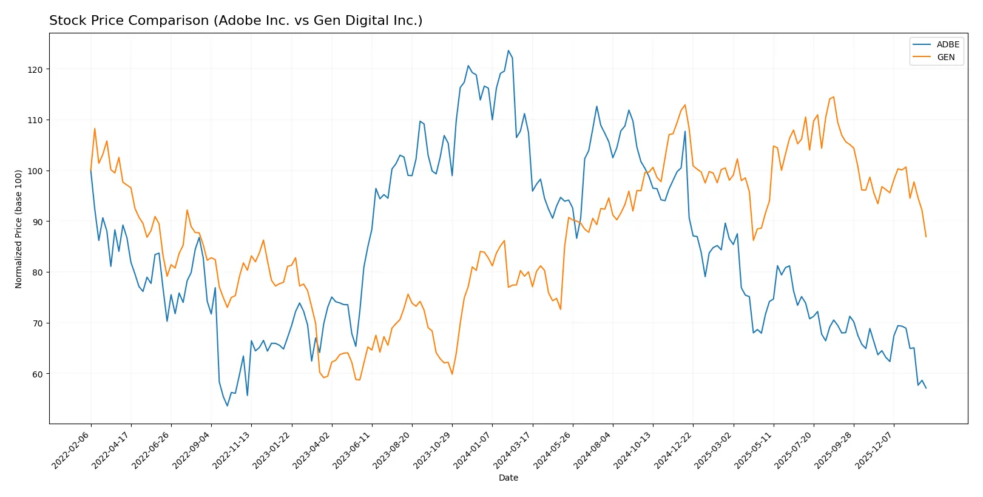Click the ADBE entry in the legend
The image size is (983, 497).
click(947, 44)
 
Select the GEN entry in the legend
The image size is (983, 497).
click(945, 57)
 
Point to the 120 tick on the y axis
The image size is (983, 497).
click(35, 70)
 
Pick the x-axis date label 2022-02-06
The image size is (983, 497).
click(71, 450)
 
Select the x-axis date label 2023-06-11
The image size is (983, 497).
click(352, 450)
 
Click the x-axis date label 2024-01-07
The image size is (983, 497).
click(472, 450)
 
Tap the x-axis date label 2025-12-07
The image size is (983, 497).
click(874, 450)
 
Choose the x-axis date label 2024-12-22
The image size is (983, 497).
click(673, 450)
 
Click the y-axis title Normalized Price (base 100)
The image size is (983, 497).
click(19, 229)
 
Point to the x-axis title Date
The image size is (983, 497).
click(508, 478)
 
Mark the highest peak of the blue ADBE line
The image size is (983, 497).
click(508, 50)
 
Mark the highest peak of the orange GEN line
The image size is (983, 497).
click(833, 96)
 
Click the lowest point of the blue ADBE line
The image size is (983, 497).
click(228, 406)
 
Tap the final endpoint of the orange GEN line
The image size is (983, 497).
click(926, 237)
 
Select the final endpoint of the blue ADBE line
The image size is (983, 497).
click(926, 388)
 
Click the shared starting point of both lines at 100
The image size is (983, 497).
click(91, 171)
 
